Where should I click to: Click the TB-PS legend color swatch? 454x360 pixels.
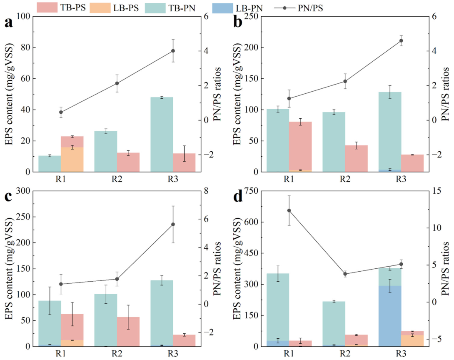pos(47,7)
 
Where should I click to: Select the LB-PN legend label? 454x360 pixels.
pos(249,8)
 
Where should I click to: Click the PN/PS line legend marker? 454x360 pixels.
pos(284,8)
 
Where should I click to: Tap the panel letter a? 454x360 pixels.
pos(9,22)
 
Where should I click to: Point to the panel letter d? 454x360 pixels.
pos(238,197)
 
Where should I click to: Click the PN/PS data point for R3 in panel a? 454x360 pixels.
pos(173,51)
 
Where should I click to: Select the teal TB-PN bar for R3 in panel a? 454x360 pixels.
pos(162,135)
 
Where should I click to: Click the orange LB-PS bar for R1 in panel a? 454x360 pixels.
pos(72,160)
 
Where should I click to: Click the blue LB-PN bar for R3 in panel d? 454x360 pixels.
pos(390,316)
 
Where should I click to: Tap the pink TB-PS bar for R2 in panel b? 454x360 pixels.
pos(357,159)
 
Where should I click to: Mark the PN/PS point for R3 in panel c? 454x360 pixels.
pos(173,224)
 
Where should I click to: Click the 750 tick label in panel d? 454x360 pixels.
pos(252,191)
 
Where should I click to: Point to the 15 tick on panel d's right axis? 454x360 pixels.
pos(437,191)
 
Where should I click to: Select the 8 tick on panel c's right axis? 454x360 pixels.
pos(206,191)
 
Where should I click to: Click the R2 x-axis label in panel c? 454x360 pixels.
pos(117,354)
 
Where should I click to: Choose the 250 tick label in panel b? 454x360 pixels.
pos(252,17)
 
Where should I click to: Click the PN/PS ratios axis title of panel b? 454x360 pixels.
pos(445,94)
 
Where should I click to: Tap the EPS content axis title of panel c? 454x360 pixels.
pos(9,268)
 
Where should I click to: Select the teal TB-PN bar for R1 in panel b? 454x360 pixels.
pos(278,140)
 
